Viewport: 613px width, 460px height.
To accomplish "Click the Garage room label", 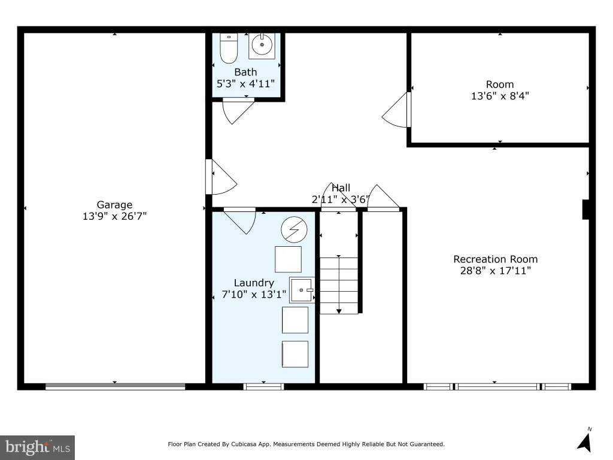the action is [114, 205].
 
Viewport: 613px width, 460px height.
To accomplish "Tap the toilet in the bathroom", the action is [229, 48].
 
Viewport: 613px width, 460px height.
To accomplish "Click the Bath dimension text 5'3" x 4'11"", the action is [245, 84].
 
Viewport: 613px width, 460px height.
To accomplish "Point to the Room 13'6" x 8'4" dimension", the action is [500, 96].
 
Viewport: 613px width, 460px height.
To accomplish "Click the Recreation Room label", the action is [495, 259].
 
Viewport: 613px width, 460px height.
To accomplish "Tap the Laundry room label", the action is [254, 283].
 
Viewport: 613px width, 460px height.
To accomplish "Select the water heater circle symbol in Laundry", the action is [294, 229].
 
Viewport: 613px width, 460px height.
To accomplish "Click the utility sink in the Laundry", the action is [302, 290].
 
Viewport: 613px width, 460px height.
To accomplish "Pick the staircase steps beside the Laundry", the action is [339, 285].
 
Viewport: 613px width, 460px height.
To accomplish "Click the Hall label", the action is [341, 187].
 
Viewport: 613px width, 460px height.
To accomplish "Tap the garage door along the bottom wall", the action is [116, 387].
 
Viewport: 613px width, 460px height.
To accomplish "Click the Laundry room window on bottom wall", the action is [263, 387].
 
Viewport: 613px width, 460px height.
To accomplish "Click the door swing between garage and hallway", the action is [221, 177].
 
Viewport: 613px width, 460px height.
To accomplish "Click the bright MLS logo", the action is [38, 447].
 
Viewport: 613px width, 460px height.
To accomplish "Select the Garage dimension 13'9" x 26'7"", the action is [114, 216].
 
